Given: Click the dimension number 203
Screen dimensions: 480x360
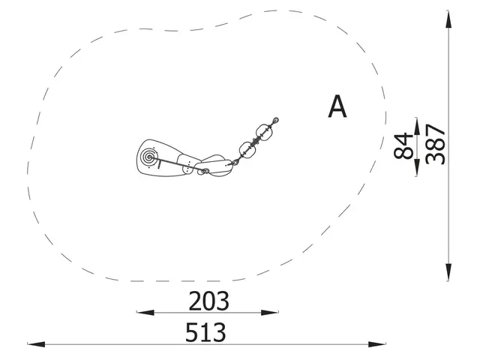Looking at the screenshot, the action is [208, 301].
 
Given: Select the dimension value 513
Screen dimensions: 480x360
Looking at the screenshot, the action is [205, 332].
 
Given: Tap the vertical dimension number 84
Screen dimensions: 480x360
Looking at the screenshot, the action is [403, 146].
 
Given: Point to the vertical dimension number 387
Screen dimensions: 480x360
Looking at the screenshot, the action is [435, 144].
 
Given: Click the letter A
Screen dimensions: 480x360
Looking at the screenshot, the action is [337, 106].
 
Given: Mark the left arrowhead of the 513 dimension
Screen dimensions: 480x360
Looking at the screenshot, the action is [37, 344].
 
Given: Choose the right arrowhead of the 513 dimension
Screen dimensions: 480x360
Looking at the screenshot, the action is [376, 344].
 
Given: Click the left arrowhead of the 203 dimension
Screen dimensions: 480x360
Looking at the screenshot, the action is [145, 313].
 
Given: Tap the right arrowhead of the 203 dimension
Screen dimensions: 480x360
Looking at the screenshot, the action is [269, 313].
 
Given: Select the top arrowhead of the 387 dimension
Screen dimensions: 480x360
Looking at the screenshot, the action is [448, 19].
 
